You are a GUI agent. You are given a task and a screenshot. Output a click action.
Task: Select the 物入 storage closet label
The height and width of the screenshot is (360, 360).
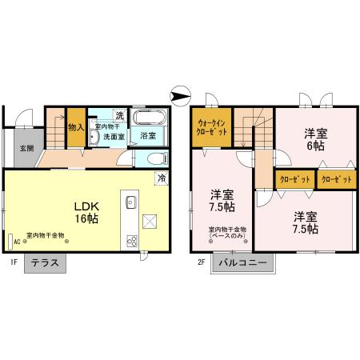[x=76, y=127]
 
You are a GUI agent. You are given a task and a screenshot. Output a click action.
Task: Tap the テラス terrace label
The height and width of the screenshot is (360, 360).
[x=46, y=262]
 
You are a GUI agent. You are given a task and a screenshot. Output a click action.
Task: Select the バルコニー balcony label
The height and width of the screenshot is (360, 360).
[x=243, y=262]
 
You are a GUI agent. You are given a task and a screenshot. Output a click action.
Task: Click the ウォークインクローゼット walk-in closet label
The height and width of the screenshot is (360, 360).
[x=212, y=129]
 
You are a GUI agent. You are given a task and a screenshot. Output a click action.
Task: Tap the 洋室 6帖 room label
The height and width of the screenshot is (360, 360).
[x=314, y=138]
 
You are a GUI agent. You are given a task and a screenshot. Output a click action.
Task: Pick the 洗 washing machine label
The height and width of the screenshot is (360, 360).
[x=119, y=113]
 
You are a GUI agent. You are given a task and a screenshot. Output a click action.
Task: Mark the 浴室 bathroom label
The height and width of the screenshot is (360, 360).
[x=148, y=136]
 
